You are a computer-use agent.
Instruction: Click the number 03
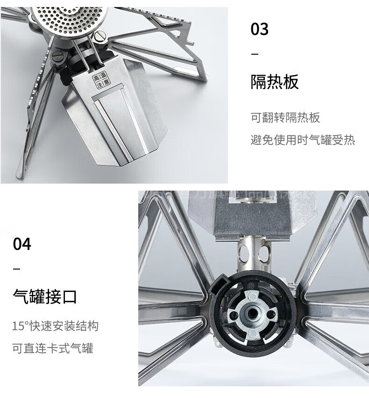(x=260, y=29)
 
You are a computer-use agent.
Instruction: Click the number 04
(x=22, y=244)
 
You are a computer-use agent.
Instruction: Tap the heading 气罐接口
(x=44, y=297)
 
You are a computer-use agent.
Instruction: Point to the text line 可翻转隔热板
(x=285, y=117)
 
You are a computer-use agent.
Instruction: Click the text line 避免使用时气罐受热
(x=303, y=139)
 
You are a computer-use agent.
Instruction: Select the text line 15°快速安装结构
(x=55, y=326)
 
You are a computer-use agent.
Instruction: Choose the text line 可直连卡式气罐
(x=53, y=348)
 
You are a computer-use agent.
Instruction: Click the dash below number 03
(x=255, y=55)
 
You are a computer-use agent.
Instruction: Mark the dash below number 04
(x=17, y=270)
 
